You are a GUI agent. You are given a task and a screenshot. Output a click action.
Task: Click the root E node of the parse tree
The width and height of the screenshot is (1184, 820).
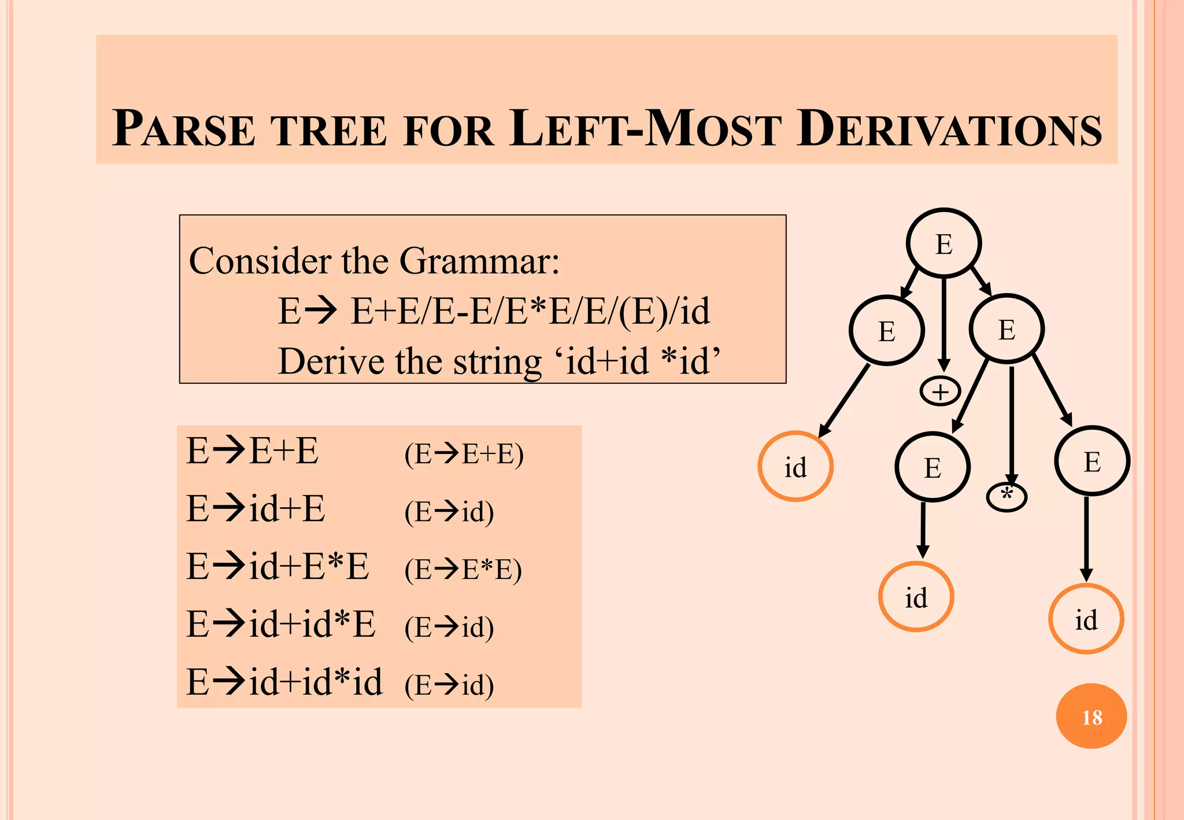(943, 243)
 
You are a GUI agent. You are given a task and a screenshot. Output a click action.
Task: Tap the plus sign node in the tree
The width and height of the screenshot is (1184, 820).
(940, 392)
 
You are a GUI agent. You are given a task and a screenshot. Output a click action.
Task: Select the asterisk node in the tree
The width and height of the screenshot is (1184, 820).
(1007, 497)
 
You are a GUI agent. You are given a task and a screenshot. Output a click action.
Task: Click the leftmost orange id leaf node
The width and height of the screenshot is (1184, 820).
(795, 466)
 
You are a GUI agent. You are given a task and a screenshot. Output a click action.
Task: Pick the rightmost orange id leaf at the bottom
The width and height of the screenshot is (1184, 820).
(1086, 619)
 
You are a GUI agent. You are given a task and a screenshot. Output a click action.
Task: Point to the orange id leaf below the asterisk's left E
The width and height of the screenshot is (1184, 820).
(916, 597)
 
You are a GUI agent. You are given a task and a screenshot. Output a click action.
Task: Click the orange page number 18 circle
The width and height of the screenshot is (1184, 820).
(1091, 716)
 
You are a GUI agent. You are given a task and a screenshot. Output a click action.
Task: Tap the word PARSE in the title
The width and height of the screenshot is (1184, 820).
(184, 129)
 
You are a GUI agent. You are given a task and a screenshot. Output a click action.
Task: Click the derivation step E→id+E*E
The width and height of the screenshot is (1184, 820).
(277, 566)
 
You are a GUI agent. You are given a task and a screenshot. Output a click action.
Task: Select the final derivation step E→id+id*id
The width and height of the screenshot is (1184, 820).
(284, 682)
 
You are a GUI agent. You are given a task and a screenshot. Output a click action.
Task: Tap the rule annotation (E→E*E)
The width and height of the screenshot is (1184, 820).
(463, 570)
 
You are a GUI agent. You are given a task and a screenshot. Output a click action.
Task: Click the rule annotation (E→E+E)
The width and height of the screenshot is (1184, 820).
(464, 454)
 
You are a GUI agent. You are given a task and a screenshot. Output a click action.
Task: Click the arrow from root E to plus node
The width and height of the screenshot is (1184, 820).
(943, 324)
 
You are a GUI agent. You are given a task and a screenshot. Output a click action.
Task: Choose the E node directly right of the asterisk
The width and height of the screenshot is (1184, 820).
(1091, 461)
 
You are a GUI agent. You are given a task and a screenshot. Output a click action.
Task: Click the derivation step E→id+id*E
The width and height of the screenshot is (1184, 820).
(281, 624)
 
